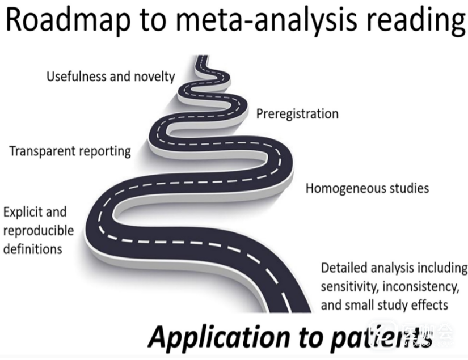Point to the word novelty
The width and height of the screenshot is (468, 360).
point(154,77)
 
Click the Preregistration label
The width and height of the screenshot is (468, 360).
point(297,113)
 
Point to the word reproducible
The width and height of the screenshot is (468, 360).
point(39,231)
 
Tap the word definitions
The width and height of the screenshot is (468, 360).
point(33,249)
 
